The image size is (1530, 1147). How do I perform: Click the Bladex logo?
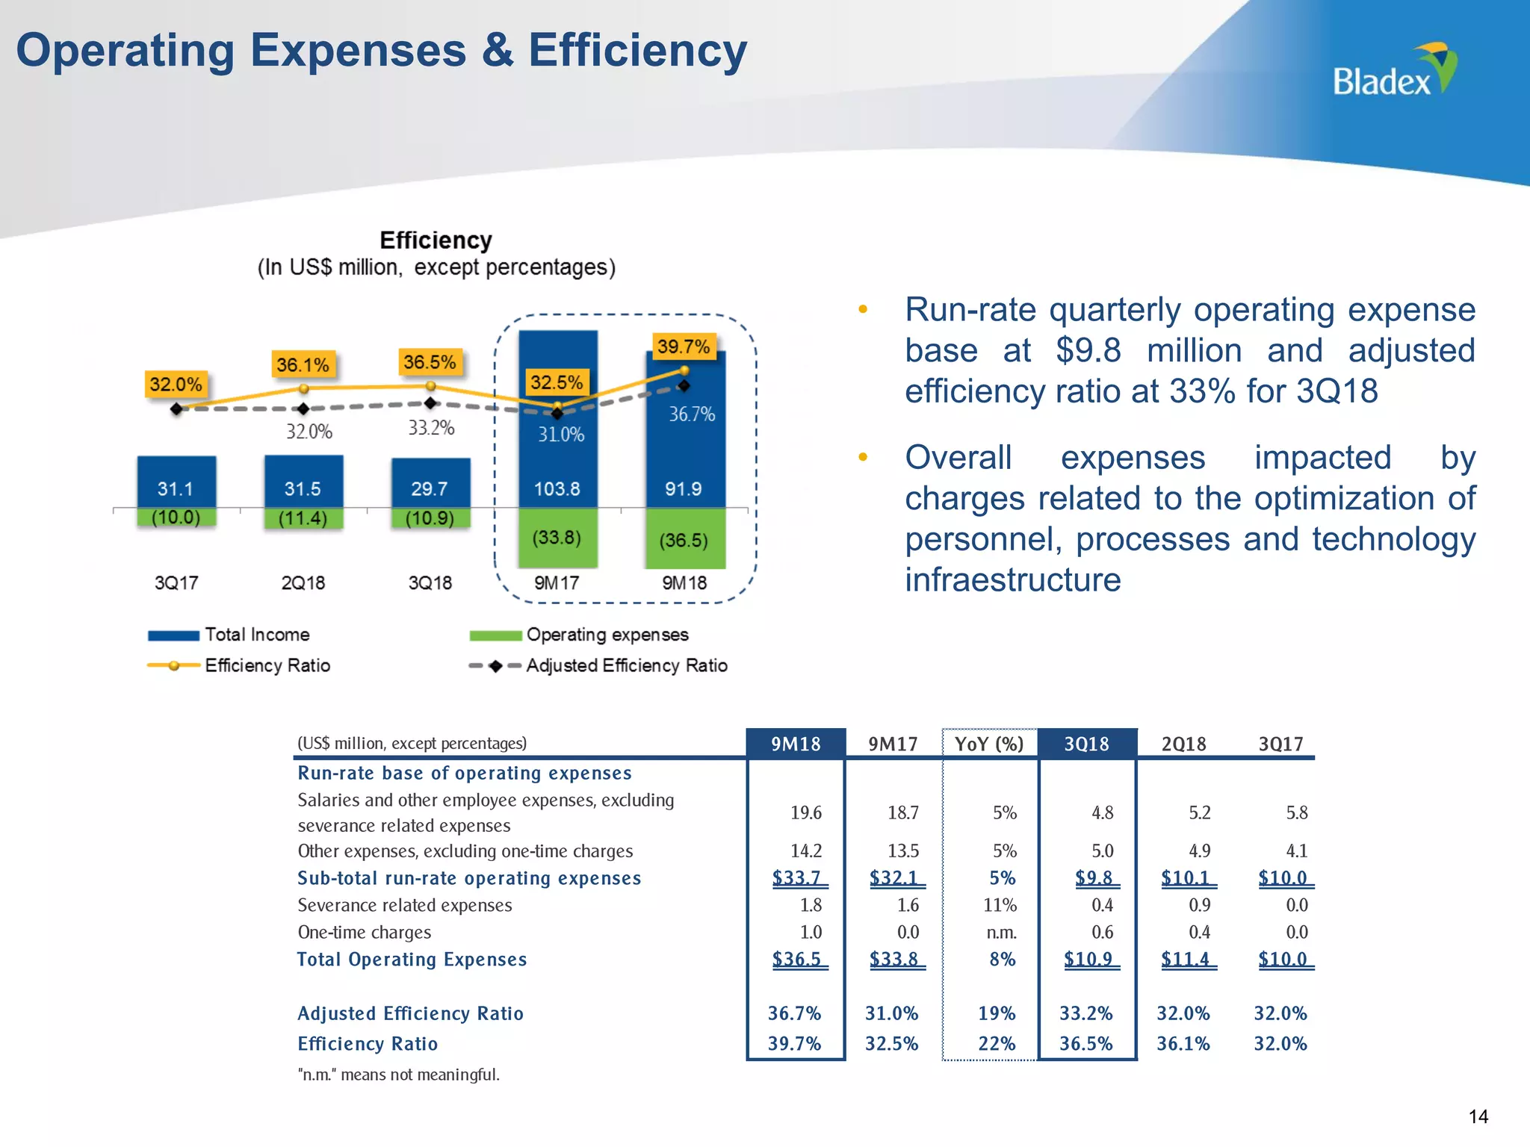pos(1394,71)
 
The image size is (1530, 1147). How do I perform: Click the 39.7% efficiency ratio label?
pos(683,346)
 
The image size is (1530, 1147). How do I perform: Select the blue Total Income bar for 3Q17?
pos(176,482)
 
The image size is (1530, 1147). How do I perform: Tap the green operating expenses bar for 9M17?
pos(557,538)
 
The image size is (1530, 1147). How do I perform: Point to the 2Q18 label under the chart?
pos(303,583)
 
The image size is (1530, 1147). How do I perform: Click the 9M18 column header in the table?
pos(796,744)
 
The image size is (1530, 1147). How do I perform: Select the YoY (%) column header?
pos(989,744)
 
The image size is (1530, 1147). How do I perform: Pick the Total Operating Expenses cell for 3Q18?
pos(1088,959)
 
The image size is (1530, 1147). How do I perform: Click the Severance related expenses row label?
pos(404,905)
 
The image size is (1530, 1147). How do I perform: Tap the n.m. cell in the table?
pos(1001,932)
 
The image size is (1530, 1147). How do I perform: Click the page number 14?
pos(1478,1116)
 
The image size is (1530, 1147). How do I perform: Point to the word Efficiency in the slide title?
pos(637,51)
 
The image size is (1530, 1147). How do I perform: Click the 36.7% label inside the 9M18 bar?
pos(691,414)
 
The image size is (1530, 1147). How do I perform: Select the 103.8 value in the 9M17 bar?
pos(557,489)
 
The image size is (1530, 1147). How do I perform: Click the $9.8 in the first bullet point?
pos(1088,350)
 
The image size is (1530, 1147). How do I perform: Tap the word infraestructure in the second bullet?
pos(1013,580)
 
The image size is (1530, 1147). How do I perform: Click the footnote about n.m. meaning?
pos(398,1075)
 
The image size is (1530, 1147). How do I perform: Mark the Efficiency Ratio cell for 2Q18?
pos(1183,1043)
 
